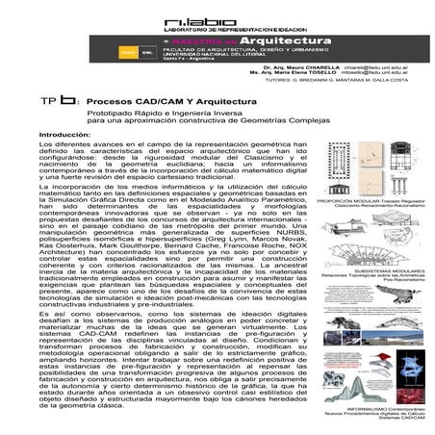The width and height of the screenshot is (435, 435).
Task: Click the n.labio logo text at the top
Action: pos(219,17)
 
